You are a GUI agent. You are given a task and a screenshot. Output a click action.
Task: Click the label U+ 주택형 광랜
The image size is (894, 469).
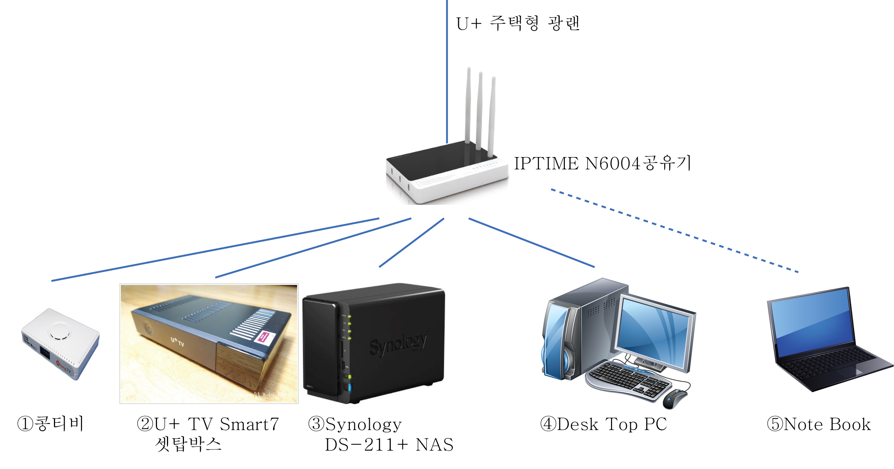pos(518,23)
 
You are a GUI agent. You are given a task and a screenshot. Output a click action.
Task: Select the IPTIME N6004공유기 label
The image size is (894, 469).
pos(603,163)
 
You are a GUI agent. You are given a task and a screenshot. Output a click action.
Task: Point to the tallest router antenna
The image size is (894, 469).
pos(468,105)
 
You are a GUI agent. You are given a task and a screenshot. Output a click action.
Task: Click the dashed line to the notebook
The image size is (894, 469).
pos(675,231)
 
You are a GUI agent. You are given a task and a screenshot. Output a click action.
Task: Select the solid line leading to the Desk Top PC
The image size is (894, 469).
pos(532,242)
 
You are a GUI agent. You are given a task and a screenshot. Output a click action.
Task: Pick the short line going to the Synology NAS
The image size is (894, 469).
pos(412,242)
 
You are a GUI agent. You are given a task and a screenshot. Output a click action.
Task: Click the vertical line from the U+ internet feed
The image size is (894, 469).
pos(447,71)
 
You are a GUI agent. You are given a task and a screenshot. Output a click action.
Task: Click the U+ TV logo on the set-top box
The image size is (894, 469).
pos(177,341)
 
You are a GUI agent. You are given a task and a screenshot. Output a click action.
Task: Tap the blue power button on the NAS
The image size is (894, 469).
pos(350,387)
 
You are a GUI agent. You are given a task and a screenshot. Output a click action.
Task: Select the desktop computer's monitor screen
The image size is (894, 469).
pos(655,333)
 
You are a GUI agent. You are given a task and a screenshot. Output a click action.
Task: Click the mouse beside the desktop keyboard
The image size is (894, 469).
pos(675,399)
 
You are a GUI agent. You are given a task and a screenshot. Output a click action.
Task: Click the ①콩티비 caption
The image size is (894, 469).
pos(50,424)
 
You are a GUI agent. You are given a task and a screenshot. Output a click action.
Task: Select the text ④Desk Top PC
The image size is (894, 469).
pos(604,424)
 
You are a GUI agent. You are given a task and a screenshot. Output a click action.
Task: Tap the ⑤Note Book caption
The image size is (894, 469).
pos(819,424)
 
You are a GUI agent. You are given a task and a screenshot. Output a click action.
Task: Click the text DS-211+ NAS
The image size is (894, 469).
pos(389,445)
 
